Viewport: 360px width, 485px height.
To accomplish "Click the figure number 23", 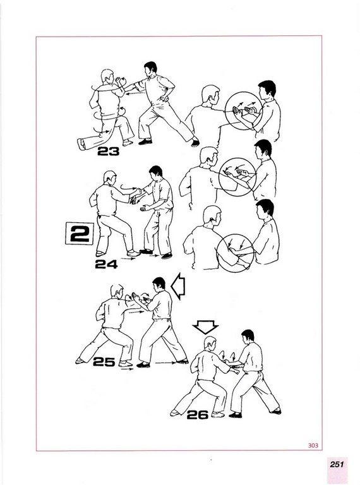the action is pyautogui.click(x=108, y=152).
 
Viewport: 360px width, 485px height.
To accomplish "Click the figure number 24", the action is pyautogui.click(x=106, y=264).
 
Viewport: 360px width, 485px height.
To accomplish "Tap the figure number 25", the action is pyautogui.click(x=104, y=362).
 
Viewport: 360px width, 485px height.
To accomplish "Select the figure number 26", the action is pyautogui.click(x=197, y=415).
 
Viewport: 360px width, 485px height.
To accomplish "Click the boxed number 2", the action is pyautogui.click(x=80, y=234).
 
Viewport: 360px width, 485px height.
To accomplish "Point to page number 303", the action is pyautogui.click(x=313, y=445).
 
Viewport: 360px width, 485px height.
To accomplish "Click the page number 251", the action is pyautogui.click(x=337, y=464).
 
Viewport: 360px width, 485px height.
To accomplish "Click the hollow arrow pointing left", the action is pyautogui.click(x=178, y=286).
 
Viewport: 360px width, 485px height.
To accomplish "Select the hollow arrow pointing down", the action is pyautogui.click(x=205, y=327).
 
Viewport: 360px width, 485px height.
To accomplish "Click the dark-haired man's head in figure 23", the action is pyautogui.click(x=150, y=69).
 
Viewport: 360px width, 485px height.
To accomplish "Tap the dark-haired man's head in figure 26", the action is pyautogui.click(x=248, y=337).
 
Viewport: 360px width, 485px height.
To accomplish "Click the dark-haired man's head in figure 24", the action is pyautogui.click(x=155, y=173).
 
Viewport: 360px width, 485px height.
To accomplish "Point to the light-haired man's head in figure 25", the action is pyautogui.click(x=117, y=292).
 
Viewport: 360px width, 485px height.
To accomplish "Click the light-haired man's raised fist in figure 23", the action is pyautogui.click(x=119, y=80).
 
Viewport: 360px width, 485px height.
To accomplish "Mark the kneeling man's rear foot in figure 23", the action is pyautogui.click(x=81, y=144).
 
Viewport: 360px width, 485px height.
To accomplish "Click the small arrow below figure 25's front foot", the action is pyautogui.click(x=128, y=369).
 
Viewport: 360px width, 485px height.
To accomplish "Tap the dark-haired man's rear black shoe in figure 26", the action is pyautogui.click(x=275, y=411).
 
